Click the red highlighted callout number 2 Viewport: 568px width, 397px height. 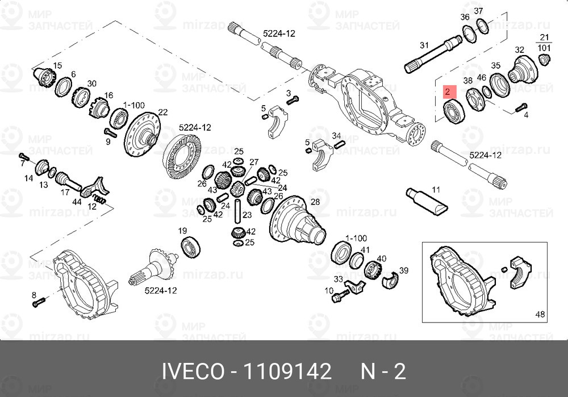pos(448,91)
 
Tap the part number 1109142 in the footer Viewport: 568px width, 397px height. pos(287,372)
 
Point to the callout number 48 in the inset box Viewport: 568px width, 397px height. pos(539,314)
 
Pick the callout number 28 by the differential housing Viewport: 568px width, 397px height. pos(315,202)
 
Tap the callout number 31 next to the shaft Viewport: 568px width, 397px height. pos(423,45)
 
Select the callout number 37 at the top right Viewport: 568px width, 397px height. pos(478,11)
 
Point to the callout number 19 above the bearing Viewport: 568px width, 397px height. pos(183,231)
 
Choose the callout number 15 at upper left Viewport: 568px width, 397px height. pos(57,65)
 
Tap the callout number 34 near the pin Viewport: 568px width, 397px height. pos(336,136)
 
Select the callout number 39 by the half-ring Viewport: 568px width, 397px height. pos(404,270)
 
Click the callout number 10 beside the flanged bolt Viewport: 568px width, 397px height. pos(328,291)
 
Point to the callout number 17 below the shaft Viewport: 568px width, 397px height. pos(65,193)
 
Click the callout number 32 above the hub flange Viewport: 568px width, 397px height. pos(519,49)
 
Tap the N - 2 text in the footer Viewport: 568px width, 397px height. pos(384,372)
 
